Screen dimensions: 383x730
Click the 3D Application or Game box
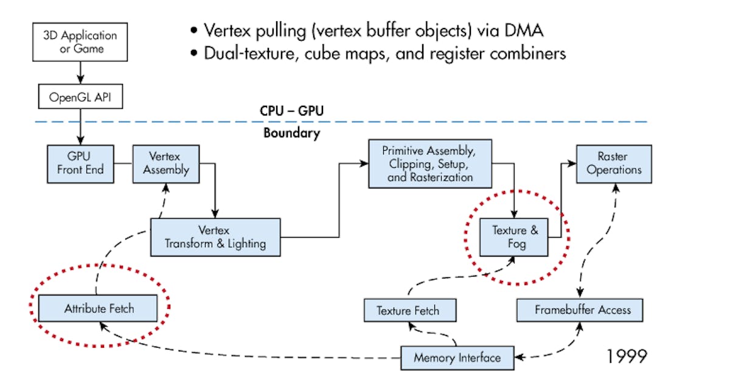[x=80, y=41]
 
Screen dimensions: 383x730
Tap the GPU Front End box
[x=80, y=163]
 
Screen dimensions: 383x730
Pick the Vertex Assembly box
[x=166, y=163]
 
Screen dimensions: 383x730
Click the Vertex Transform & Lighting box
[x=215, y=237]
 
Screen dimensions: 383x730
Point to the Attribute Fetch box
[x=99, y=309]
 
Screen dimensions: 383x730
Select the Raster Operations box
[x=614, y=163]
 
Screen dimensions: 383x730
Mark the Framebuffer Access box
[x=579, y=309]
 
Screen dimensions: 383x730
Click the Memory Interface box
[x=457, y=357]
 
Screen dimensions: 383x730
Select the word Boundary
[x=291, y=133]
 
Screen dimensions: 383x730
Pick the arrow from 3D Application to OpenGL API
[x=80, y=72]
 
